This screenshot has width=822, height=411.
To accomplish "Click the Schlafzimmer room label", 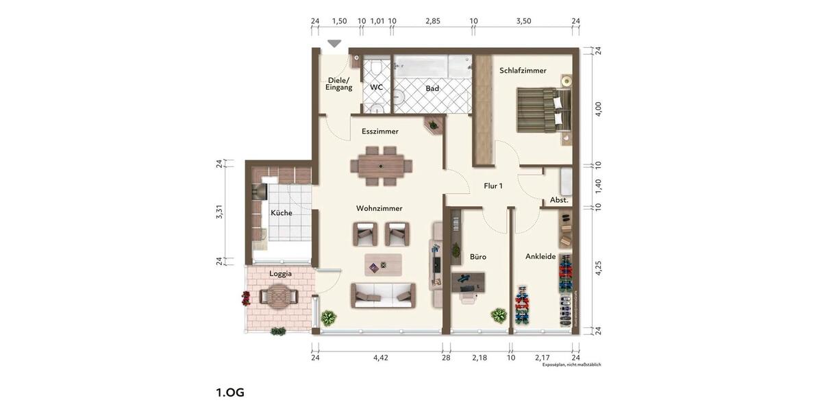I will pos(523,71).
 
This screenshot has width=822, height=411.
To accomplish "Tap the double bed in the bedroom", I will pos(543,110).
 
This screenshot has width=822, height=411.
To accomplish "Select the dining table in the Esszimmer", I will pos(381,166).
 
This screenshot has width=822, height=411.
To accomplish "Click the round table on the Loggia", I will pos(278,297).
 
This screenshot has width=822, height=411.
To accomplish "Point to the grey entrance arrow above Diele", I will pos(334,44).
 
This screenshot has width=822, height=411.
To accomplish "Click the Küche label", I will pos(281,213).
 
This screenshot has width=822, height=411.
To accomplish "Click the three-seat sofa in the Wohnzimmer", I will pos(383,295).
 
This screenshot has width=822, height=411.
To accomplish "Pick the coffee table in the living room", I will pos(384,263).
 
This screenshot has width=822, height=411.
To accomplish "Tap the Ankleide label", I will pos(540,256).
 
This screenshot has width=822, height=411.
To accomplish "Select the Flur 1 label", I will pos(493,186).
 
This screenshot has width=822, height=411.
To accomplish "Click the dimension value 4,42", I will pos(380,358).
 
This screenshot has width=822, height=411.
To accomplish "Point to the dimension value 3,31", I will pos(220,212).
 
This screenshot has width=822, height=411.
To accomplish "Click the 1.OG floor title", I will pos(230,393).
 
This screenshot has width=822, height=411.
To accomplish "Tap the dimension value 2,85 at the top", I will pos(432,21).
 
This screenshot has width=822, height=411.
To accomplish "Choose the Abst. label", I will pos(559,200).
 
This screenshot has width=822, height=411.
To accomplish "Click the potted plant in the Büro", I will pos(498,316).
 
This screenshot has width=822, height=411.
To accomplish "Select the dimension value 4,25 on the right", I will pos(597,268).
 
